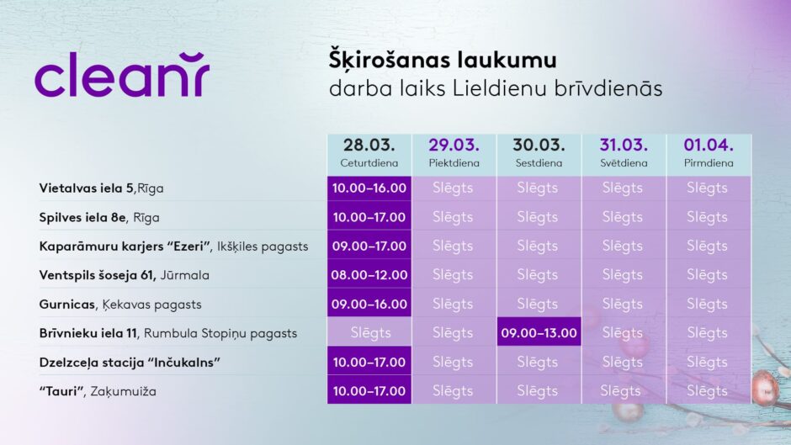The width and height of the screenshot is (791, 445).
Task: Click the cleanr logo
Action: (121, 74)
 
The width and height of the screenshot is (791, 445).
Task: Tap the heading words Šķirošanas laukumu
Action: (443, 60)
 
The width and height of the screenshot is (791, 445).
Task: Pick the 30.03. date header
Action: (539, 146)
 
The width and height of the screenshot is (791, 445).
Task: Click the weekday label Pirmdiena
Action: (709, 163)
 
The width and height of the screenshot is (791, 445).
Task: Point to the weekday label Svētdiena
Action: (624, 163)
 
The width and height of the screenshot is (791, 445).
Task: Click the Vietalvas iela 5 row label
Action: (101, 188)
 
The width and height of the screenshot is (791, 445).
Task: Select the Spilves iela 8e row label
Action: (99, 218)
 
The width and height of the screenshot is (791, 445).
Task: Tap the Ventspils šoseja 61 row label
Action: (124, 275)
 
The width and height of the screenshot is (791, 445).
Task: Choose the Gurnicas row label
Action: (120, 305)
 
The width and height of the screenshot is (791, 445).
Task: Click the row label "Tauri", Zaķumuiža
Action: (98, 391)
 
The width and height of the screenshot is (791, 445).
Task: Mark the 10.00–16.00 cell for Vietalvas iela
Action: (369, 188)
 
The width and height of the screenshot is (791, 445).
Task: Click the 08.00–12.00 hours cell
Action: (369, 275)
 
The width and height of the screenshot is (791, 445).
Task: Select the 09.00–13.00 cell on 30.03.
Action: (539, 333)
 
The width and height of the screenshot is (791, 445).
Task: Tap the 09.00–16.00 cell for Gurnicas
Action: (369, 305)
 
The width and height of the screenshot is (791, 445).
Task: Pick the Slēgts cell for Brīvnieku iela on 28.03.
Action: (369, 333)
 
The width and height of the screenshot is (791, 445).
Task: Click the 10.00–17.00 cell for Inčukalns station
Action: (369, 363)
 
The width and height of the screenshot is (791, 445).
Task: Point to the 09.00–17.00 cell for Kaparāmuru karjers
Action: (369, 246)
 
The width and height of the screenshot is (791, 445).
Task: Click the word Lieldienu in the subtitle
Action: (499, 88)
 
